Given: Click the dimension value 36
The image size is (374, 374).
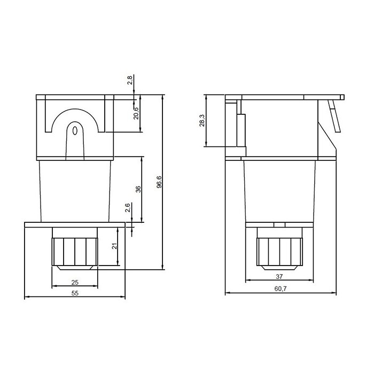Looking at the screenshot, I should [138, 190].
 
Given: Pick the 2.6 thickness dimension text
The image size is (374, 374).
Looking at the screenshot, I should [127, 208].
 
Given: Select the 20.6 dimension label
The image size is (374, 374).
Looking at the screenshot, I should [136, 113].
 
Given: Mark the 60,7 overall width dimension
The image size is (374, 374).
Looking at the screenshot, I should [280, 289].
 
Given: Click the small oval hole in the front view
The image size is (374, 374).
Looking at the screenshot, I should [75, 130].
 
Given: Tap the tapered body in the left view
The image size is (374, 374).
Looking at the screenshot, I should [75, 190].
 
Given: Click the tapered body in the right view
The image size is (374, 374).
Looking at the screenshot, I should [279, 190].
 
